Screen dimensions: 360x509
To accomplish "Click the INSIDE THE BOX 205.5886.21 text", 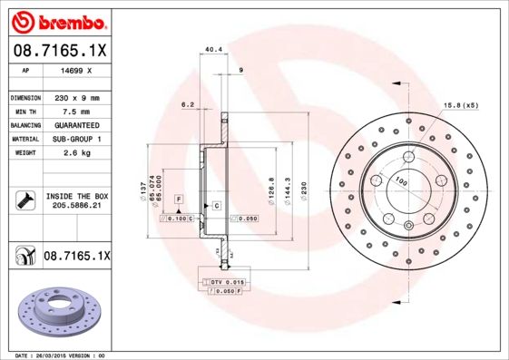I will pyautogui.click(x=76, y=201).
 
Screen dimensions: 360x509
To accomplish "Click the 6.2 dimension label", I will pyautogui.click(x=189, y=104).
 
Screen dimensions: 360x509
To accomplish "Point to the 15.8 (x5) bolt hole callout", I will pyautogui.click(x=460, y=105).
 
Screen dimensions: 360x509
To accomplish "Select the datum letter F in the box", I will pyautogui.click(x=179, y=198).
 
